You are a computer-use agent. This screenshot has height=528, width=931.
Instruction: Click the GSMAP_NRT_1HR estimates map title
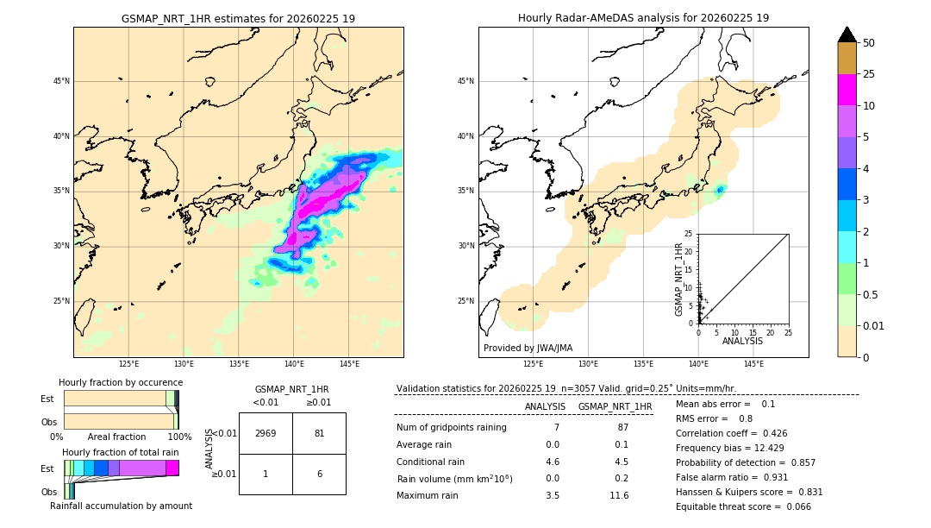tap(238, 18)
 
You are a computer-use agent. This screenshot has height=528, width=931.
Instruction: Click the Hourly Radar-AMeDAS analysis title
tap(643, 18)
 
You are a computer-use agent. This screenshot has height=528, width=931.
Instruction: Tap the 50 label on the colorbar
tap(869, 43)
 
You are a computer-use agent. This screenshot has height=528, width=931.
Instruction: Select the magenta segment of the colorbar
tap(847, 90)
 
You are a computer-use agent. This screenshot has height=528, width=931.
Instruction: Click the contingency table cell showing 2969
tap(266, 433)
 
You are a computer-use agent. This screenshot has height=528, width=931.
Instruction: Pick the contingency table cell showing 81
tap(319, 433)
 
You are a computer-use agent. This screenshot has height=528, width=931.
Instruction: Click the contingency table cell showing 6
tap(319, 474)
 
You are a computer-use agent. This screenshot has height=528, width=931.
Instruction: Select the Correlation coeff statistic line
tap(731, 433)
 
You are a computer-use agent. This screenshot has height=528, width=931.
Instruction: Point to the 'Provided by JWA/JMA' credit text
tap(528, 348)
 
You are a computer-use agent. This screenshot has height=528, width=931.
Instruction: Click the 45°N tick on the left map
tap(60, 81)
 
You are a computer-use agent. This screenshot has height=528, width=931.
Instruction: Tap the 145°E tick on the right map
tap(753, 364)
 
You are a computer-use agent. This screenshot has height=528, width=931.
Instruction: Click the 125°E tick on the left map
tap(128, 364)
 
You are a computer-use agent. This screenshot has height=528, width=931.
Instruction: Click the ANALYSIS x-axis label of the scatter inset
tap(742, 341)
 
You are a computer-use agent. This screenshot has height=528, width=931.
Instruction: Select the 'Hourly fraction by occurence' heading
tap(121, 382)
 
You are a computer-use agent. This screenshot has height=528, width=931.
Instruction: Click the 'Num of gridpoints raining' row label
tap(452, 428)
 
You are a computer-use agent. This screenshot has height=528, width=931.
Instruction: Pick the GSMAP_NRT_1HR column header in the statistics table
tap(615, 406)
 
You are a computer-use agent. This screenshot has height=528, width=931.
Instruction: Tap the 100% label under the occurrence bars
tap(179, 437)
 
